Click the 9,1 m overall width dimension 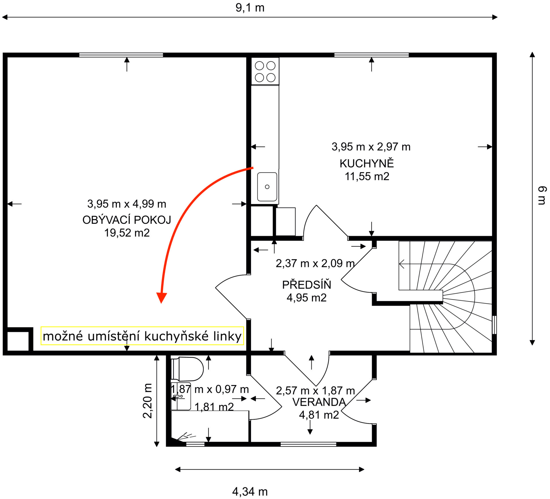250,8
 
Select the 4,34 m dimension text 250,492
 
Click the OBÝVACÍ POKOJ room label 127,220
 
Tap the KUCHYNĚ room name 367,163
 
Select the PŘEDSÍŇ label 307,284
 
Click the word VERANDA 319,402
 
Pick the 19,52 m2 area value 127,233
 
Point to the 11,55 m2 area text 367,176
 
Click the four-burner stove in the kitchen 265,71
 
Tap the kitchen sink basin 267,187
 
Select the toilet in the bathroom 187,369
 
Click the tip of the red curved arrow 162,303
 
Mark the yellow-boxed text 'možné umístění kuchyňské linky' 142,336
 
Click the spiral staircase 445,296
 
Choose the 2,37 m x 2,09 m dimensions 315,263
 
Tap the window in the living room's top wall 121,55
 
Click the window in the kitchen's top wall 371,55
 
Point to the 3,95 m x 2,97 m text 371,147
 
